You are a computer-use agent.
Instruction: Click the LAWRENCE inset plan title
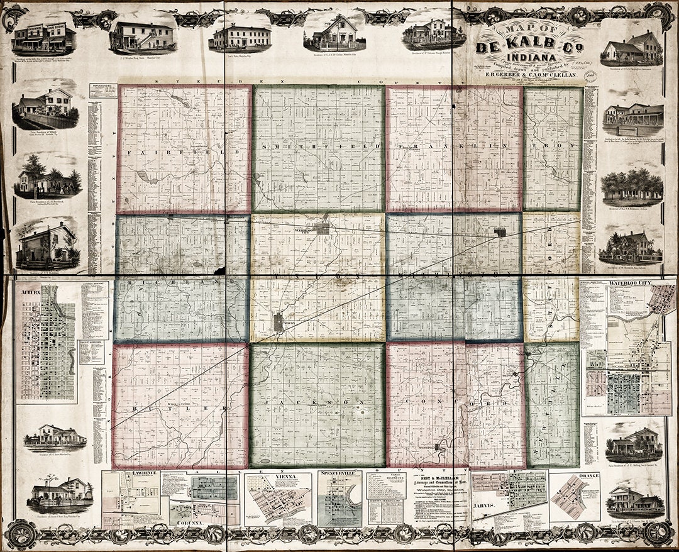point(132,473)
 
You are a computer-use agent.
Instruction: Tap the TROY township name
point(553,146)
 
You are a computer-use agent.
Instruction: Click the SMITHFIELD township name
point(318,146)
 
